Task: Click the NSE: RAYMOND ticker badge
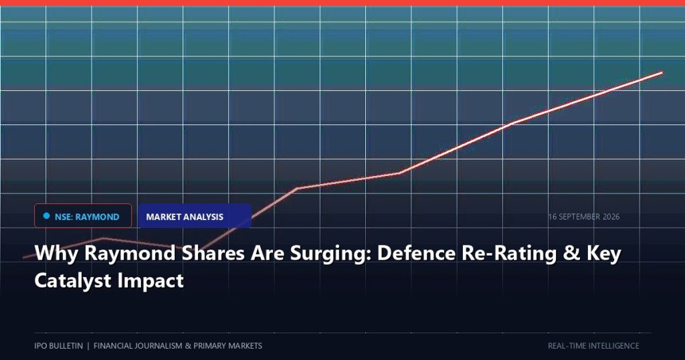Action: pyautogui.click(x=82, y=216)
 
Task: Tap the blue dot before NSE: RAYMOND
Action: pyautogui.click(x=46, y=216)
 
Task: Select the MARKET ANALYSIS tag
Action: pyautogui.click(x=195, y=216)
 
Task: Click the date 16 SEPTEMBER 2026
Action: pyautogui.click(x=583, y=217)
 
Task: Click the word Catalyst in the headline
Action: pyautogui.click(x=72, y=280)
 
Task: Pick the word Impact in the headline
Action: pyautogui.click(x=151, y=281)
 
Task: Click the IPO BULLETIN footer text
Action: pyautogui.click(x=59, y=345)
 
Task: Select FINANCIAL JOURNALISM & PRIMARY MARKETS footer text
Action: pyautogui.click(x=178, y=345)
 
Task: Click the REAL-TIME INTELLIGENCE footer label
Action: pyautogui.click(x=593, y=345)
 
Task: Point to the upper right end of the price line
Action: pyautogui.click(x=662, y=72)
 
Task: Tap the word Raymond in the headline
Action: pyautogui.click(x=130, y=254)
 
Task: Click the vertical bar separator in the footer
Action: pyautogui.click(x=88, y=345)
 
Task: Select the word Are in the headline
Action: pyautogui.click(x=267, y=253)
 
